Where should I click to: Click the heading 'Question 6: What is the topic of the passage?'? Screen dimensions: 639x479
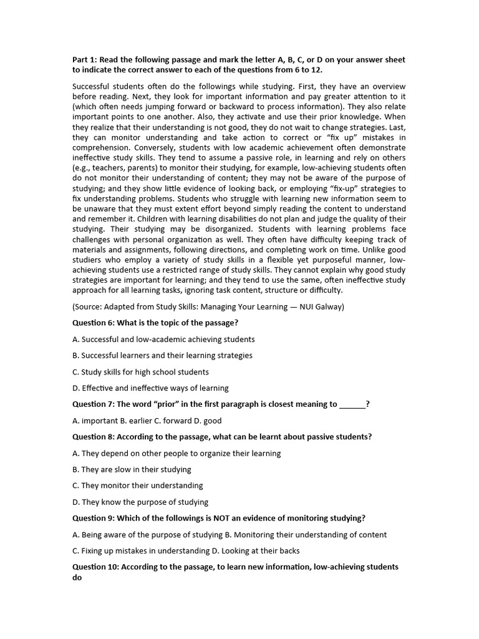tap(155, 323)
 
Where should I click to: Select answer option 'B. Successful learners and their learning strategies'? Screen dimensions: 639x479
tap(162, 355)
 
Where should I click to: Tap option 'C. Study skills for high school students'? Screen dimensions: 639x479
tap(140, 372)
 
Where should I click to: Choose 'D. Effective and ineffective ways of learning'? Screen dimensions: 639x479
tap(150, 388)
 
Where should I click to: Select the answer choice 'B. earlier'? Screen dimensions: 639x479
tap(141, 421)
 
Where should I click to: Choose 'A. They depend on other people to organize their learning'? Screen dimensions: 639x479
tap(177, 453)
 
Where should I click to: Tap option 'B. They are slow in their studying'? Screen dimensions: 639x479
tap(132, 469)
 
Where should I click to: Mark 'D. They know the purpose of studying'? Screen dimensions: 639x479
tap(140, 502)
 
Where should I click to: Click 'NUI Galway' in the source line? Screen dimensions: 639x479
tap(321, 306)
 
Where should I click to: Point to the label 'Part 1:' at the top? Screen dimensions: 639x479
tap(86, 60)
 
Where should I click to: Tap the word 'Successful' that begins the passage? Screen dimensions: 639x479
tap(92, 86)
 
